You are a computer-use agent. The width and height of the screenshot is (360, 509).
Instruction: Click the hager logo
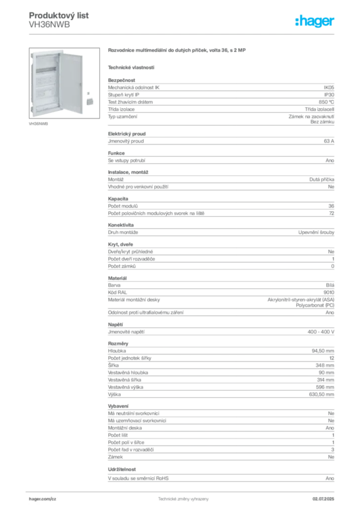315,21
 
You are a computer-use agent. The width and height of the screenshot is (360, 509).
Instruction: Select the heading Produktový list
59,15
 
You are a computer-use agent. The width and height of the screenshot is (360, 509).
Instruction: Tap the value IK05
329,87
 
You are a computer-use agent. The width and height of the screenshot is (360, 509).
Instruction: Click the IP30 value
329,95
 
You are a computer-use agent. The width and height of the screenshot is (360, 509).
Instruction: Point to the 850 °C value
326,102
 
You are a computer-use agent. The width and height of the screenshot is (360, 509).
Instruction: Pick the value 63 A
329,141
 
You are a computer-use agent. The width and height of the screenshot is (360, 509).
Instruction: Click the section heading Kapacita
118,199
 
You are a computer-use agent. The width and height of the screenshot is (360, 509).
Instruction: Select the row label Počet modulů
123,206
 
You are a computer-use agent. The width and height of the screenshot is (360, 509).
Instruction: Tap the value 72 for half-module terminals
332,213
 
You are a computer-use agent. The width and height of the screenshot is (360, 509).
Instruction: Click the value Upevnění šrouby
316,233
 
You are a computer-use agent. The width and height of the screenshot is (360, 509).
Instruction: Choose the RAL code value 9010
329,292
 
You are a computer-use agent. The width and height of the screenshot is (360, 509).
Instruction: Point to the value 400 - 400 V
321,332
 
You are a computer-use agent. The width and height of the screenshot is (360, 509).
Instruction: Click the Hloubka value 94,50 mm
323,351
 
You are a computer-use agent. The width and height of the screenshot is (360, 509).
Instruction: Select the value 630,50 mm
321,394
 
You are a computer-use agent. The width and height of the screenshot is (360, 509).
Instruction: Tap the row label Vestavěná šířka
125,380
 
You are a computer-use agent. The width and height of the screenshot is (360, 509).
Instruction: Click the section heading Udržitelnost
122,469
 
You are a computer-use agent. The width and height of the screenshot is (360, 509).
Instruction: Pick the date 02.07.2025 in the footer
323,499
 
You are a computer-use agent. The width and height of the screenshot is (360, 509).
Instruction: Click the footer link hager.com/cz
43,499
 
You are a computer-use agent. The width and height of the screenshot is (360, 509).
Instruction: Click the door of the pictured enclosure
71,83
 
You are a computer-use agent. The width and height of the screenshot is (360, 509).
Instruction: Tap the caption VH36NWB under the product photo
38,124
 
